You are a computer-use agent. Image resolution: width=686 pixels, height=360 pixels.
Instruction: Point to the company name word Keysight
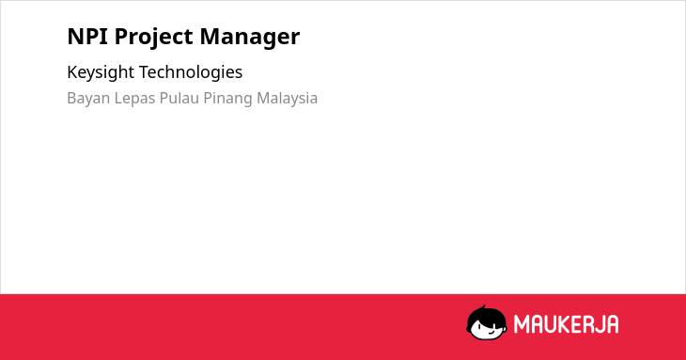coord(101,72)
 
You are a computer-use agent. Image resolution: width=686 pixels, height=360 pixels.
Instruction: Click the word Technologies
coord(191,72)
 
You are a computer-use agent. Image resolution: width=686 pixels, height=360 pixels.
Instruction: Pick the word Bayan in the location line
coord(89,99)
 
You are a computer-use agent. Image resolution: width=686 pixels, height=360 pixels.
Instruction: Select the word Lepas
coord(134,99)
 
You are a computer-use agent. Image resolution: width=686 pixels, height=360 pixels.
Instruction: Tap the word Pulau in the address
coord(179,98)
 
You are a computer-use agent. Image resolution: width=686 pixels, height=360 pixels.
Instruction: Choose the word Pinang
coord(228,99)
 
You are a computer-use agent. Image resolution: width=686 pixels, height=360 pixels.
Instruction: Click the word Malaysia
coord(287,99)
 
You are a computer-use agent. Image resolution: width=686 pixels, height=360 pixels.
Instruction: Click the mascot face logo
coord(487,322)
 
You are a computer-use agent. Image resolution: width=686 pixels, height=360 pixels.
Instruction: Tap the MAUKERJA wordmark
coord(566,324)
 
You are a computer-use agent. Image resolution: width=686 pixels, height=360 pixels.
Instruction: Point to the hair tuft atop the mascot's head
coord(483,307)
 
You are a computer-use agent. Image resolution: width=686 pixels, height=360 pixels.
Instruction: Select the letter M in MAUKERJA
coord(522,324)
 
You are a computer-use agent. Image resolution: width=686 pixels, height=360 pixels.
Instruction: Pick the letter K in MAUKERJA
coord(565,324)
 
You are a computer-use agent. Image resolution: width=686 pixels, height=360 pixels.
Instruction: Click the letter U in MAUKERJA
coord(551,324)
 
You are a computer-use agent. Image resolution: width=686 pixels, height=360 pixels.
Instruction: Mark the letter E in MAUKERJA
coord(576,324)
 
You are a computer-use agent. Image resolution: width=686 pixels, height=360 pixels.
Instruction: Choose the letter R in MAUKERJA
coord(587,324)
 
